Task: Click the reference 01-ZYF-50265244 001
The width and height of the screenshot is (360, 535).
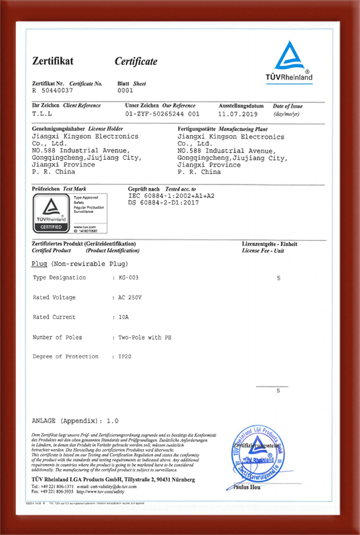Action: click(x=162, y=114)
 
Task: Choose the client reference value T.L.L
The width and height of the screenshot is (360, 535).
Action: click(x=41, y=114)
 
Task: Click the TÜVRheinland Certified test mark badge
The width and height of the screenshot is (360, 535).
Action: click(x=50, y=213)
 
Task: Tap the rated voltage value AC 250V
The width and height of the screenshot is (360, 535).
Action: click(x=130, y=297)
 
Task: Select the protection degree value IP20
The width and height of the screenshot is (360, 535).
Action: click(x=125, y=356)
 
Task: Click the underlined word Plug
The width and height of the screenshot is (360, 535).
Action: click(x=39, y=265)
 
